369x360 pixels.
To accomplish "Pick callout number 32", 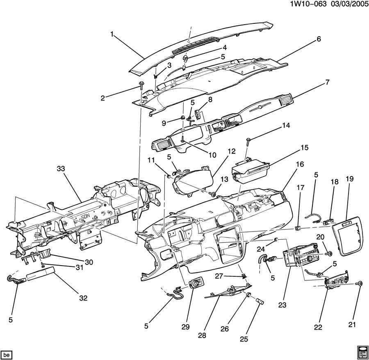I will (x=83, y=298).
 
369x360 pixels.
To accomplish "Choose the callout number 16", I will (x=300, y=164).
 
